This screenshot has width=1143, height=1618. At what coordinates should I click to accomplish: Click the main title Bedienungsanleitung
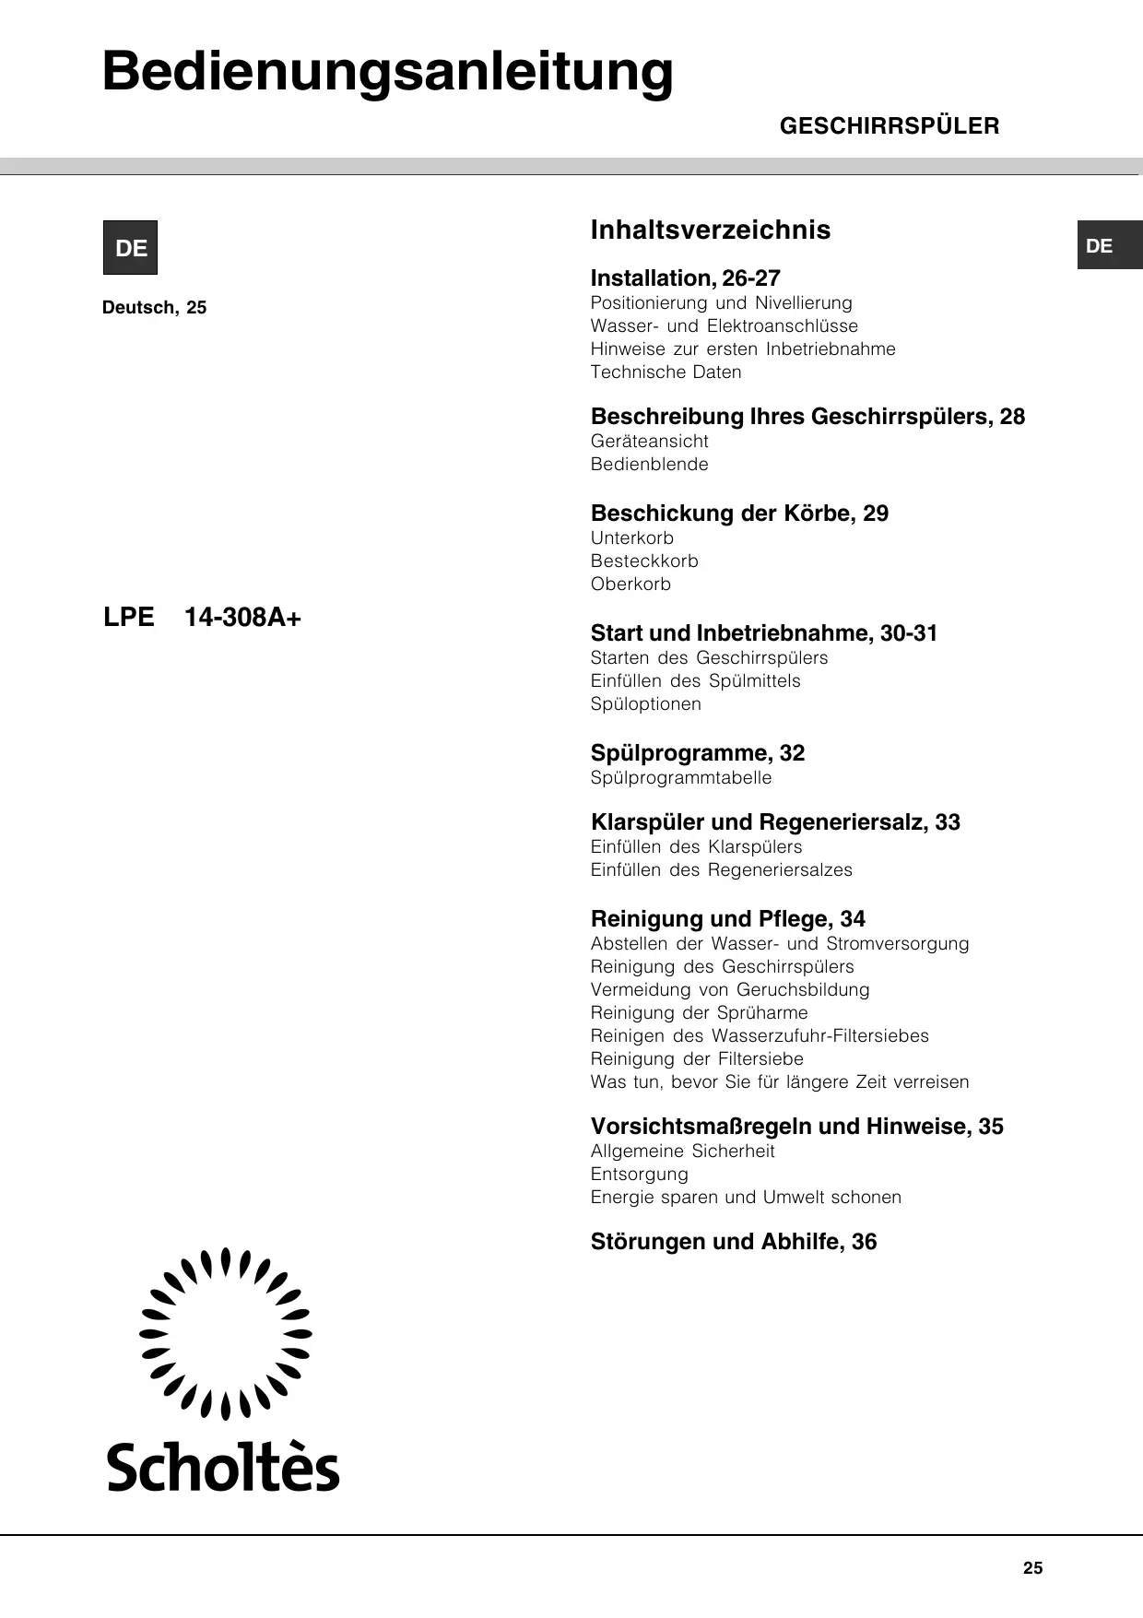pyautogui.click(x=387, y=72)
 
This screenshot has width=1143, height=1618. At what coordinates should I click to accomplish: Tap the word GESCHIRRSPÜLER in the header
pyautogui.click(x=889, y=126)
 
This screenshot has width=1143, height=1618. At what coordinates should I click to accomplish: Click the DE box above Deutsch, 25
pyautogui.click(x=130, y=248)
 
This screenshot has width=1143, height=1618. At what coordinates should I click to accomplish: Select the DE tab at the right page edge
pyautogui.click(x=1109, y=246)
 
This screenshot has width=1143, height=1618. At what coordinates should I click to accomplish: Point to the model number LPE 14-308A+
pyautogui.click(x=203, y=618)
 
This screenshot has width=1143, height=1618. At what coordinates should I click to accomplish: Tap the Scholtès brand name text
pyautogui.click(x=224, y=1468)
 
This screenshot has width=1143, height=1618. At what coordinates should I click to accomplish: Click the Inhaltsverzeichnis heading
pyautogui.click(x=710, y=230)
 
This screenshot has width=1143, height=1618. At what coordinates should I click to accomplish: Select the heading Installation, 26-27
pyautogui.click(x=685, y=278)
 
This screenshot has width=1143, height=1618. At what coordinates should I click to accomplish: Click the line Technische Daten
pyautogui.click(x=666, y=372)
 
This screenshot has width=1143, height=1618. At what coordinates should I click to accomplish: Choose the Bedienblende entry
pyautogui.click(x=649, y=465)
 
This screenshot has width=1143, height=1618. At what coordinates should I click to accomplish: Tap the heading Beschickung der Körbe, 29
pyautogui.click(x=739, y=514)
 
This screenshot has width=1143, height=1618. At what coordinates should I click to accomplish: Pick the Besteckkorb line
pyautogui.click(x=644, y=561)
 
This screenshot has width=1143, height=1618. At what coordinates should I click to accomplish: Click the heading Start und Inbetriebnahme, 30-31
pyautogui.click(x=763, y=633)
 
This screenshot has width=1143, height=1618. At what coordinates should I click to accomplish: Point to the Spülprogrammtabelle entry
pyautogui.click(x=681, y=778)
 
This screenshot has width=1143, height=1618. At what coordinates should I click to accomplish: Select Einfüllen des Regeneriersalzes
pyautogui.click(x=721, y=870)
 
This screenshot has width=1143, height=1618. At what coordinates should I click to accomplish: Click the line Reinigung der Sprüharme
pyautogui.click(x=699, y=1013)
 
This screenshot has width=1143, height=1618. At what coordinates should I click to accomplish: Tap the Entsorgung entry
pyautogui.click(x=639, y=1175)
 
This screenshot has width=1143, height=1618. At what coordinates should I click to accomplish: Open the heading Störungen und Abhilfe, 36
pyautogui.click(x=733, y=1242)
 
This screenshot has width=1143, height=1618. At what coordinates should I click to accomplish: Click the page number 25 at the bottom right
pyautogui.click(x=1032, y=1568)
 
